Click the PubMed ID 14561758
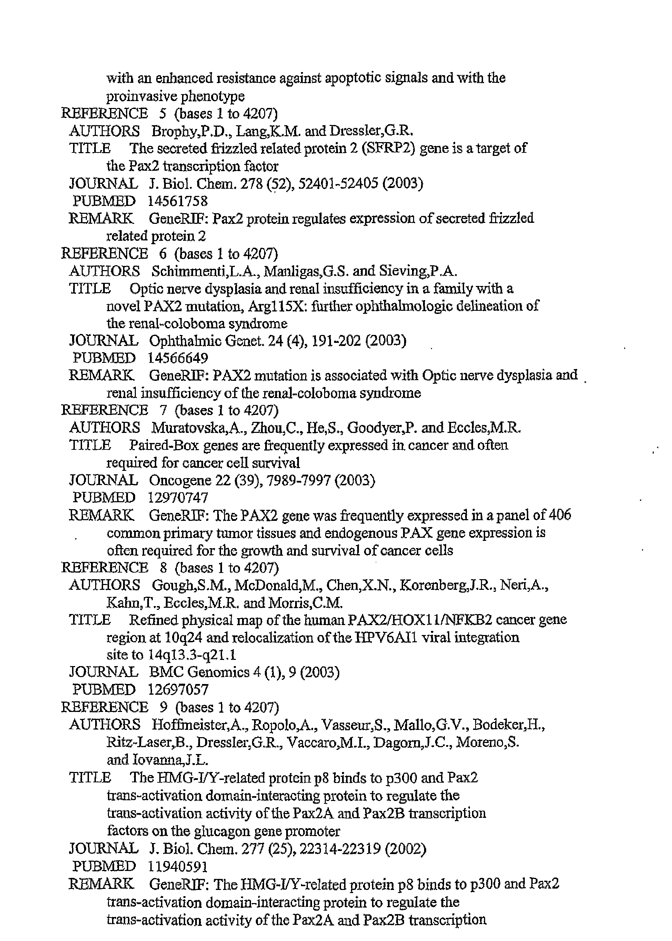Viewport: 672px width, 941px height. [x=178, y=201]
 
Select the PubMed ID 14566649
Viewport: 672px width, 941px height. [x=178, y=358]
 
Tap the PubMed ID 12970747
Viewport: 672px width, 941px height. [x=178, y=497]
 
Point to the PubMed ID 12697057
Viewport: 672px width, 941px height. [x=178, y=690]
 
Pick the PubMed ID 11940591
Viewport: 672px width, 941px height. [x=178, y=866]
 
